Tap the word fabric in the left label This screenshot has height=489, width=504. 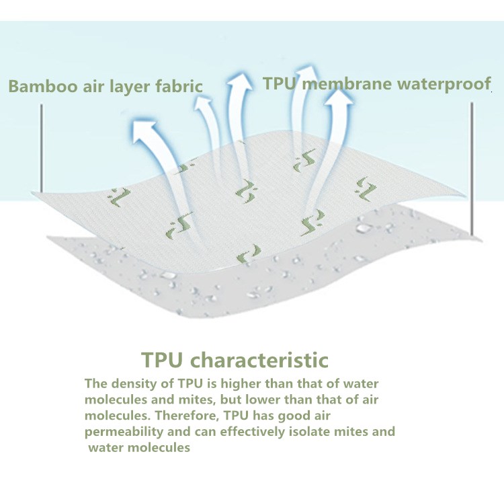(x=179, y=87)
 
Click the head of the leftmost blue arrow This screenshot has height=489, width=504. (x=144, y=128)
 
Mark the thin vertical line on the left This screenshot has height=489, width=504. (x=42, y=148)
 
